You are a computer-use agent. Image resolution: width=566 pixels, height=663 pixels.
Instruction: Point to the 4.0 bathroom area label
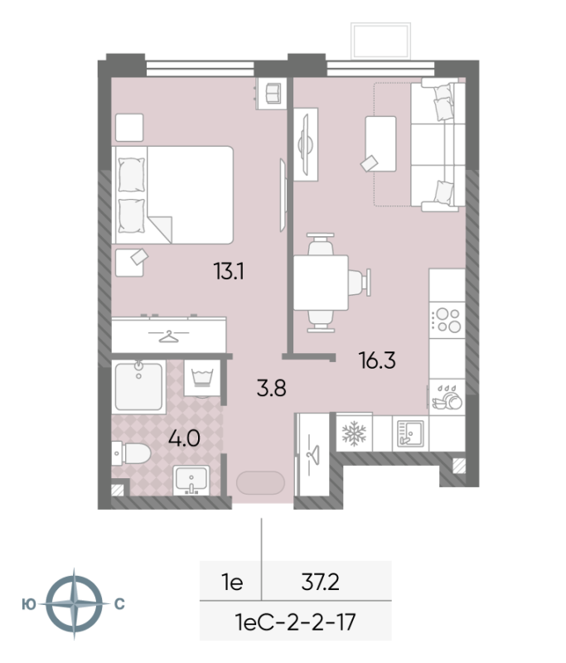[x=186, y=438]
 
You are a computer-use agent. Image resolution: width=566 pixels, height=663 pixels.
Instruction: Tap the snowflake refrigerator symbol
[x=353, y=432]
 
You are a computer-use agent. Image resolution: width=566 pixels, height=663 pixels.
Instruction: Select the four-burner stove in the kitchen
[x=448, y=320]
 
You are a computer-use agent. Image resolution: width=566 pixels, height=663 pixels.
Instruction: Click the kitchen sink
[x=410, y=432]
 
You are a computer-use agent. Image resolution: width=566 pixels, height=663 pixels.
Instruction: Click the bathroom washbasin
[x=195, y=481]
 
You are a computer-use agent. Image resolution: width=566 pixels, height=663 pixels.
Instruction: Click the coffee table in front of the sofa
[x=380, y=143]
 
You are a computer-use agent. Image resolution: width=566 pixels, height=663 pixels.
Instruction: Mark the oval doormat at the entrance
[x=261, y=483]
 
